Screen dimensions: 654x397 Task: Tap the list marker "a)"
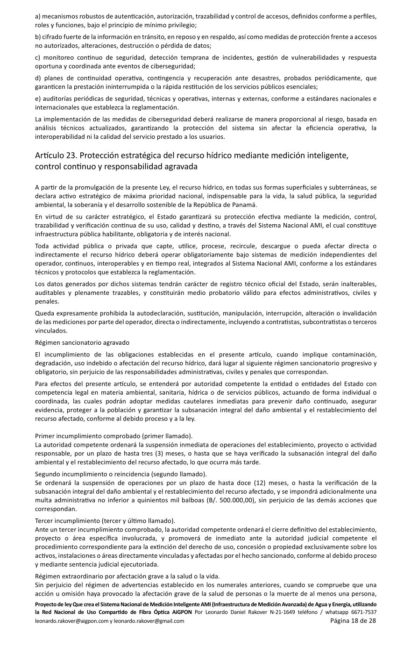pyautogui.click(x=38, y=16)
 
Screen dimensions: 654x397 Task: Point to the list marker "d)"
pyautogui.click(x=38, y=78)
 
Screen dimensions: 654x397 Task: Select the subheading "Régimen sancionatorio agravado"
pyautogui.click(x=82, y=342)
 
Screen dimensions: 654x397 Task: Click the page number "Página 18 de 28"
pyautogui.click(x=353, y=621)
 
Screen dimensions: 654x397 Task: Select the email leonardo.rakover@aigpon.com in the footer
pyautogui.click(x=71, y=621)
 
